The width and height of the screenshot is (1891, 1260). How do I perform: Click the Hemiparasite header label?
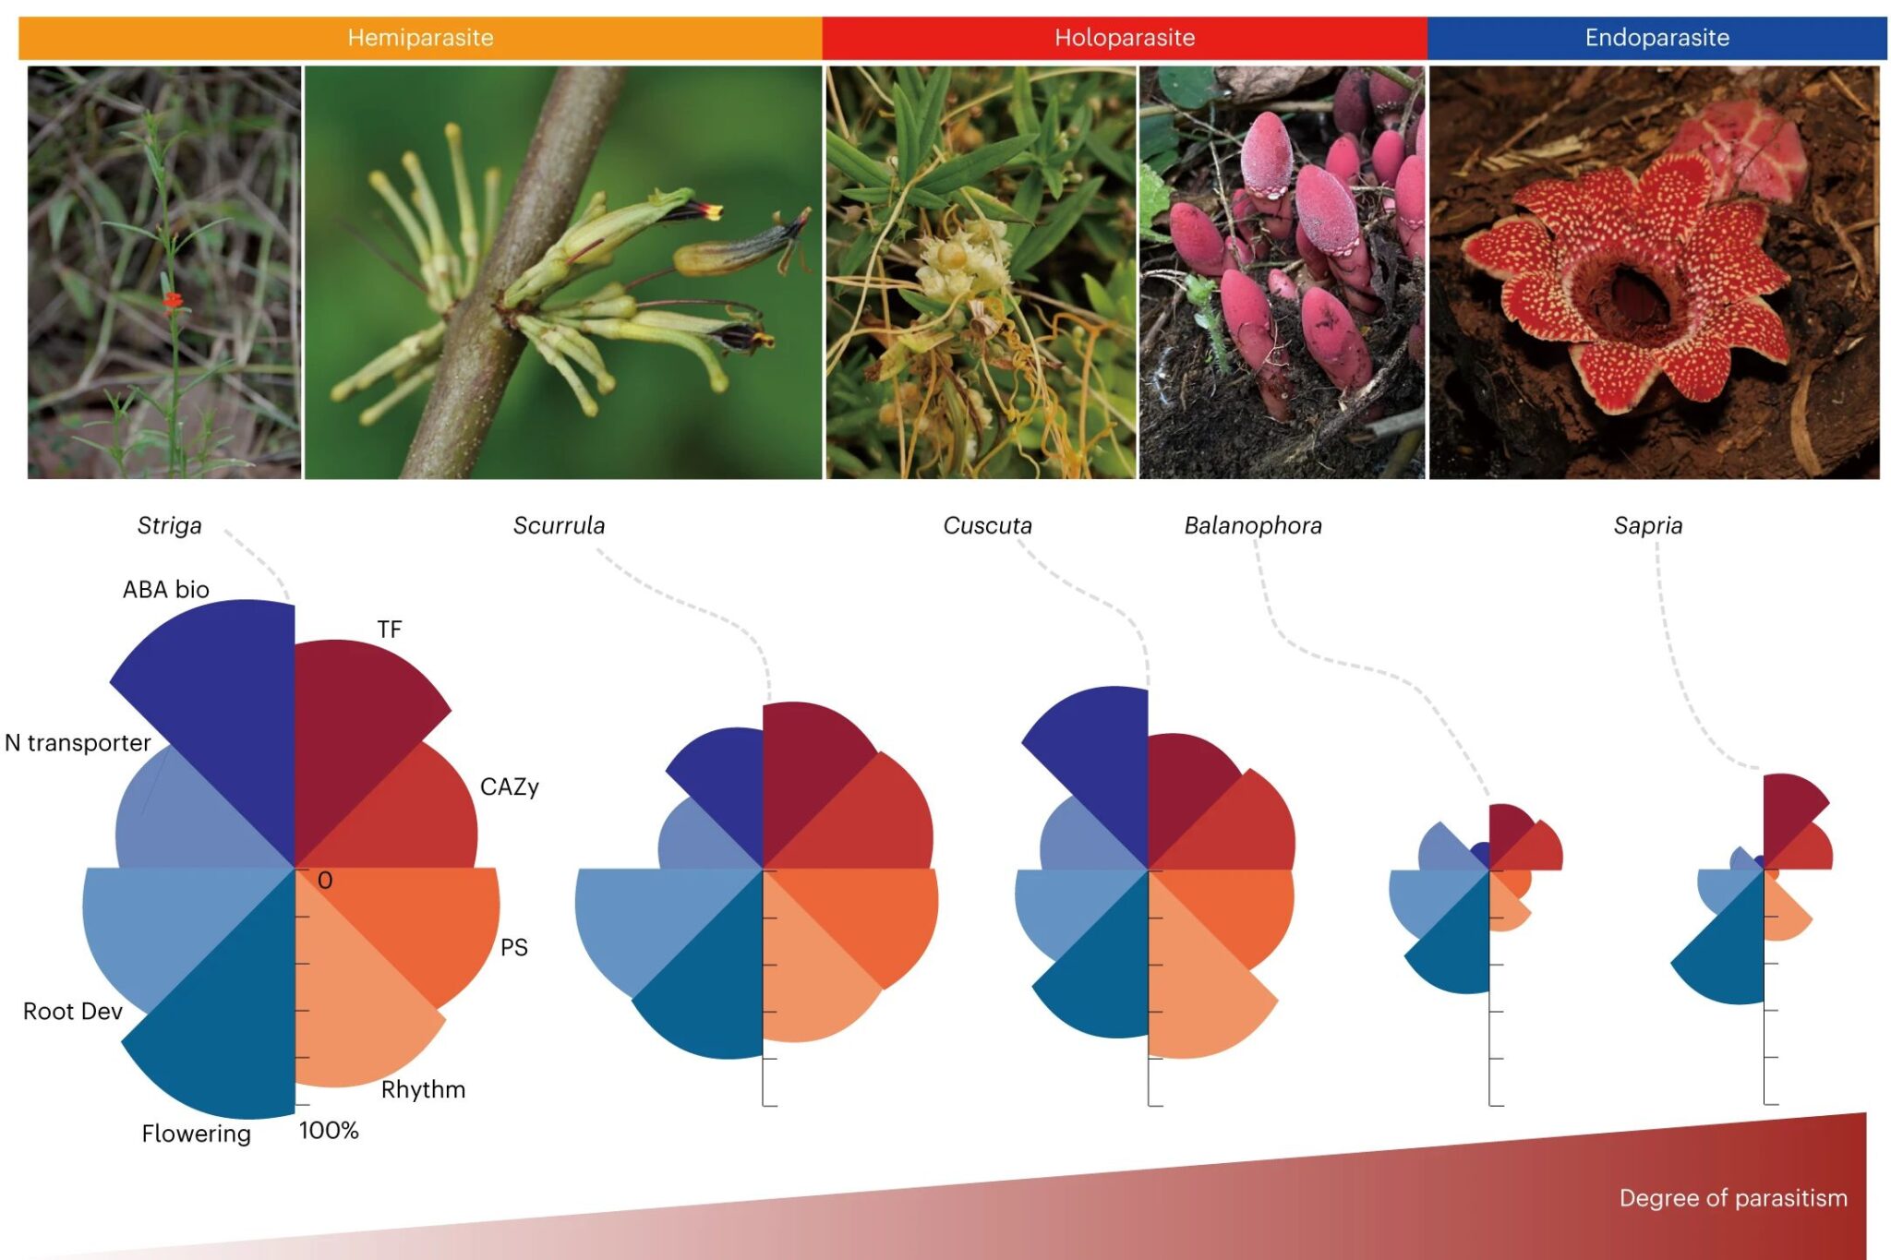point(420,38)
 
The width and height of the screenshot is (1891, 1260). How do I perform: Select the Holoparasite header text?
point(1124,38)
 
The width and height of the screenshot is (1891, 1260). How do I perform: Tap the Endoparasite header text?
point(1656,38)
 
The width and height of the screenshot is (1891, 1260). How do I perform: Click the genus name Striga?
point(169,525)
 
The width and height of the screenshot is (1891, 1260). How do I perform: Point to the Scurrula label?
point(559,525)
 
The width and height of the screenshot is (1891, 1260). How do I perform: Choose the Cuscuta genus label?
point(987,525)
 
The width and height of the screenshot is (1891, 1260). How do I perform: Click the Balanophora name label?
point(1252,525)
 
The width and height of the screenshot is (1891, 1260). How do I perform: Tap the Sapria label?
point(1647,525)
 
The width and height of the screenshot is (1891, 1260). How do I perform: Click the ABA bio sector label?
point(166,589)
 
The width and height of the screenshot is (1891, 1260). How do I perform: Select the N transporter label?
point(78,742)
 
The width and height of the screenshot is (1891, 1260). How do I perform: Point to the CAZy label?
point(509,786)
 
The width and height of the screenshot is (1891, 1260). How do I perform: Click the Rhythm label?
point(423,1089)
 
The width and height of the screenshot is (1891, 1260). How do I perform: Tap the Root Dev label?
point(73,1011)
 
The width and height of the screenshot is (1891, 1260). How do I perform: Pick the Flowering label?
point(196,1134)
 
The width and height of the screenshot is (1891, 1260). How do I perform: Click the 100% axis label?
point(329,1130)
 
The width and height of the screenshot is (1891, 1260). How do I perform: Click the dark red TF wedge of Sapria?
point(1787,808)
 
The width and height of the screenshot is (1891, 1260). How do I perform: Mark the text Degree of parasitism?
point(1733,1198)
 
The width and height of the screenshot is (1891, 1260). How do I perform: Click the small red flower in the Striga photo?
point(173,300)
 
